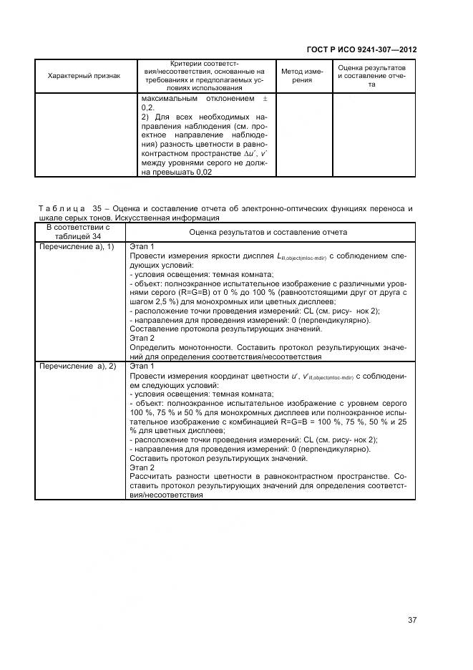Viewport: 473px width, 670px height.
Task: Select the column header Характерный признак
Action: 84,75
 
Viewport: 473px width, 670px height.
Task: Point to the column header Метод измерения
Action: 301,76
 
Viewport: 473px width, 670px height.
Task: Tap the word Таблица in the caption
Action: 61,209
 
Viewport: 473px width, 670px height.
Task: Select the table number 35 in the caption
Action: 98,209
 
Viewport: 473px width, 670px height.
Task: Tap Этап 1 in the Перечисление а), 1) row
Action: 142,246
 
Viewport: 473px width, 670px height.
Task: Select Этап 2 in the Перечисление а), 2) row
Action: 142,467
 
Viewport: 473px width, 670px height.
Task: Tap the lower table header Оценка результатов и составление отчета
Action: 268,232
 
